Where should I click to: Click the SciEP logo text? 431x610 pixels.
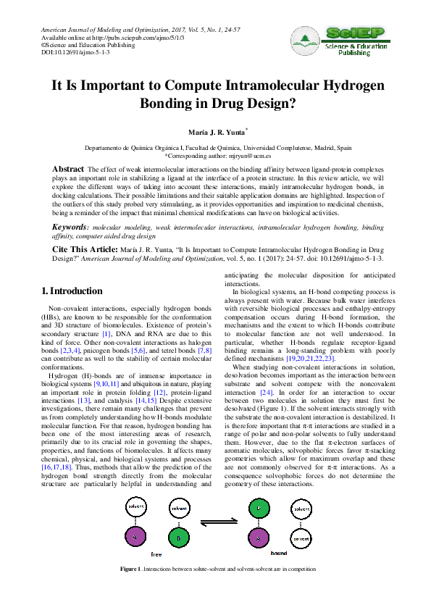coord(355,33)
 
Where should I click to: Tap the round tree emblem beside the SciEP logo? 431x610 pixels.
coord(305,41)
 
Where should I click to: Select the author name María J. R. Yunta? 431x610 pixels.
coord(217,133)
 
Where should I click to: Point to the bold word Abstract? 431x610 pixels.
coord(68,169)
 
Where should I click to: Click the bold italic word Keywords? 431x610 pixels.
coord(70,227)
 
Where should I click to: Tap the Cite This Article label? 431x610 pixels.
coord(85,249)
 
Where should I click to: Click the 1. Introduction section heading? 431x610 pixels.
coord(72,291)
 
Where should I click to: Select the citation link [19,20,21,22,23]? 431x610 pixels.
coord(311,359)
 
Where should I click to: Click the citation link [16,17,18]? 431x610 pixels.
coord(57,467)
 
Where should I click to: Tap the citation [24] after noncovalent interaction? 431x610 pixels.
coord(267,392)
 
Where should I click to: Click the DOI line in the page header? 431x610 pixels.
coord(75,52)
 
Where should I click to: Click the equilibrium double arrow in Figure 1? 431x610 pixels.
coord(219,522)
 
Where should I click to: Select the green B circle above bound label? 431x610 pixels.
coord(259,509)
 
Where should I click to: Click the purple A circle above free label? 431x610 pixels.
coord(135,537)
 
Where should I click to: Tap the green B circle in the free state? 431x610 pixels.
coord(179,538)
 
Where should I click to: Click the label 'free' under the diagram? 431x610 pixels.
coord(156,554)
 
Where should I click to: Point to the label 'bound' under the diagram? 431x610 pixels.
coord(279,553)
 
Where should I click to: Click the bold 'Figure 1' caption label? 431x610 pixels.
coord(130,569)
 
